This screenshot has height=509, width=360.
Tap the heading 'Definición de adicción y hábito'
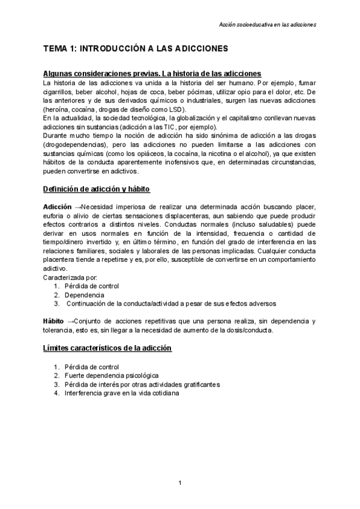(x=97, y=189)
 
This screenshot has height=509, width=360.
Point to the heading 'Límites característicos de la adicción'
(x=107, y=348)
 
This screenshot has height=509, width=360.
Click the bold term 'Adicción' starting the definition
(x=58, y=207)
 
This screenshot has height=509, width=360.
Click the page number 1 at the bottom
(x=180, y=483)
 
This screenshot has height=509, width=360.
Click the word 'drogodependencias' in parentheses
(x=76, y=145)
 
